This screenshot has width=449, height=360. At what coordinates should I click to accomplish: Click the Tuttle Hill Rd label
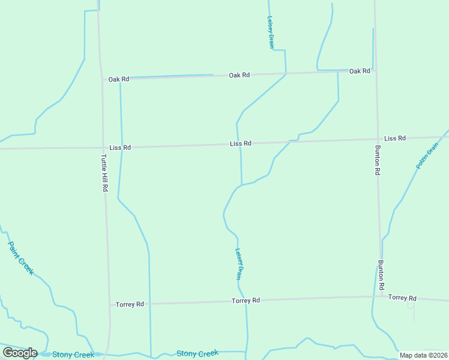[x=104, y=173]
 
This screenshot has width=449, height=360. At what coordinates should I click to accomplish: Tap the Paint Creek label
[x=20, y=258]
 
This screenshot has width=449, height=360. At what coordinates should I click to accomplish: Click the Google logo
[x=20, y=353]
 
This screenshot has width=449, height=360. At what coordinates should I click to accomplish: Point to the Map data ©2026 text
[x=424, y=355]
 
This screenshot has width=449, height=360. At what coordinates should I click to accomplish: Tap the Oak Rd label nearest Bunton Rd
[x=360, y=71]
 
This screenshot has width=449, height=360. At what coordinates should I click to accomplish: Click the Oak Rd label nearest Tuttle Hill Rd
[x=119, y=79]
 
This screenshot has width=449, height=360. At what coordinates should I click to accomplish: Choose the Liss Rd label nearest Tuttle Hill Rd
[x=120, y=147]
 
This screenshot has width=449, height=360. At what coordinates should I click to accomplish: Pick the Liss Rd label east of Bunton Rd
[x=395, y=138]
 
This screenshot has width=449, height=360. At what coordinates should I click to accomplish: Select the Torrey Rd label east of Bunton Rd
[x=402, y=298]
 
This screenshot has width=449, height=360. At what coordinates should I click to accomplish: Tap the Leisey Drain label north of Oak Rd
[x=271, y=32]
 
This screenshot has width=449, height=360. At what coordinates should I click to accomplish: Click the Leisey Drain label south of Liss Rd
[x=238, y=265]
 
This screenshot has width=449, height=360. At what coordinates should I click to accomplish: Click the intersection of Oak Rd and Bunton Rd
[x=376, y=70]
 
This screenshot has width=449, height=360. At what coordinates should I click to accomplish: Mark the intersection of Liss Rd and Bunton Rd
[x=377, y=139]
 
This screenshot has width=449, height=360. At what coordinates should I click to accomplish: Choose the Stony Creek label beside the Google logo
[x=73, y=355]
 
